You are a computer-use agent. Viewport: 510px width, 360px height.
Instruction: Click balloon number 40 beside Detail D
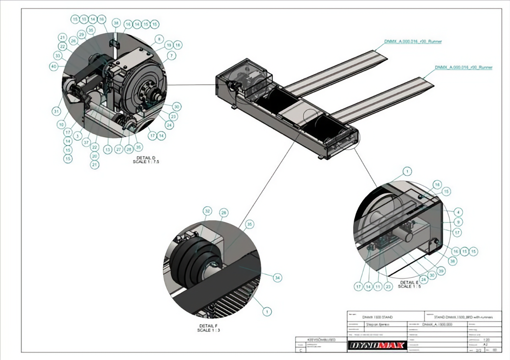point(54,66)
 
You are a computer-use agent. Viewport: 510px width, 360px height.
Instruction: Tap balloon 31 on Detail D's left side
point(57,111)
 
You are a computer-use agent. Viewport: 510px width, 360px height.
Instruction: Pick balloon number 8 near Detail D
point(159,39)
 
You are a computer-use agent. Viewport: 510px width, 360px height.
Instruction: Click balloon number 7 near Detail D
point(172,55)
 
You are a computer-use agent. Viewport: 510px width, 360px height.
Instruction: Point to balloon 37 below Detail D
point(86,142)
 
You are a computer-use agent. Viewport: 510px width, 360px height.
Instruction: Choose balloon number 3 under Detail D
point(77,136)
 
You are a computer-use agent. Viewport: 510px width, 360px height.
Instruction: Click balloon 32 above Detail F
point(207,211)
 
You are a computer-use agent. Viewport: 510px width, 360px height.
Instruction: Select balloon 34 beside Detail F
point(277,278)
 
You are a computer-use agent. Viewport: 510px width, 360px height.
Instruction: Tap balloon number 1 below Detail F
point(267,311)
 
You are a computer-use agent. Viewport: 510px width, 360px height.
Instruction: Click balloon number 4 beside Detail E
point(458,212)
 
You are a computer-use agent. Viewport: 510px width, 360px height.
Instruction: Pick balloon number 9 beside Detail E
point(458,222)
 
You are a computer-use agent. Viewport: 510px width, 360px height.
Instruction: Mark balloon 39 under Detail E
point(440,271)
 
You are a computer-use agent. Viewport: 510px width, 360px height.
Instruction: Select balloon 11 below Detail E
point(378,287)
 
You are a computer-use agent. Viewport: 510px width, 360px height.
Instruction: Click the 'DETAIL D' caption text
point(146,160)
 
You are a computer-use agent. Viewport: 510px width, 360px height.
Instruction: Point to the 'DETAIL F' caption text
point(209,328)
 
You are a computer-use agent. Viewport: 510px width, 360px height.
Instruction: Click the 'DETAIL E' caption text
point(409,284)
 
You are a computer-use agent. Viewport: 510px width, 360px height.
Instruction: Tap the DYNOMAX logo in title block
point(377,345)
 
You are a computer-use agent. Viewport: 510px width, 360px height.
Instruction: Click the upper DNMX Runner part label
point(413,41)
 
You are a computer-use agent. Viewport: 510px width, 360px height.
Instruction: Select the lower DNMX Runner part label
point(463,67)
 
